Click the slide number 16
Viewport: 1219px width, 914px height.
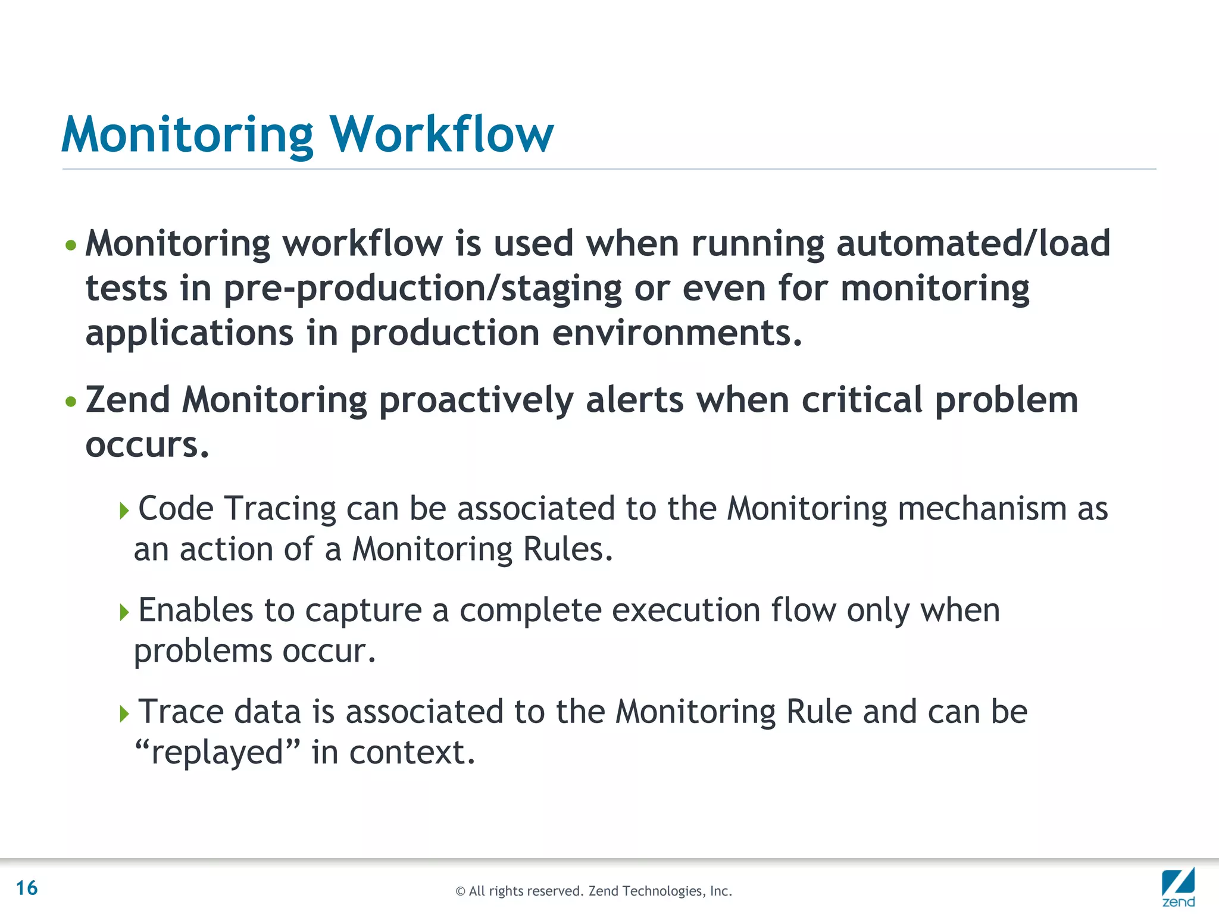pos(27,888)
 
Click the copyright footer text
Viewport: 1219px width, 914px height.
pos(593,891)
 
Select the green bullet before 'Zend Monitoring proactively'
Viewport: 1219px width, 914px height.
pos(71,402)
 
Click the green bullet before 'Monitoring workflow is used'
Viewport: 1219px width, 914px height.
pos(71,245)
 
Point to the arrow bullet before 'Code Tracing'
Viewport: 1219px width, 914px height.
pos(124,511)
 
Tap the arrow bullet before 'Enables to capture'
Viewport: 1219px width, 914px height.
pos(124,612)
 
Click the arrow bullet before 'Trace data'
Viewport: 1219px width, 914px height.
pos(124,713)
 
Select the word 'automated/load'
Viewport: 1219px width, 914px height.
pos(973,244)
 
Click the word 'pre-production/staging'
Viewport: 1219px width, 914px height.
pos(422,289)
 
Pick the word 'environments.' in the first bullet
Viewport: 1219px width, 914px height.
pos(677,333)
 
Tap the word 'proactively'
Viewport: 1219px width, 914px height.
pos(476,400)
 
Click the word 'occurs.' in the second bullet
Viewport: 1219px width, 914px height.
pos(148,445)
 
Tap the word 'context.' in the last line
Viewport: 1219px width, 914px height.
pos(412,752)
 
